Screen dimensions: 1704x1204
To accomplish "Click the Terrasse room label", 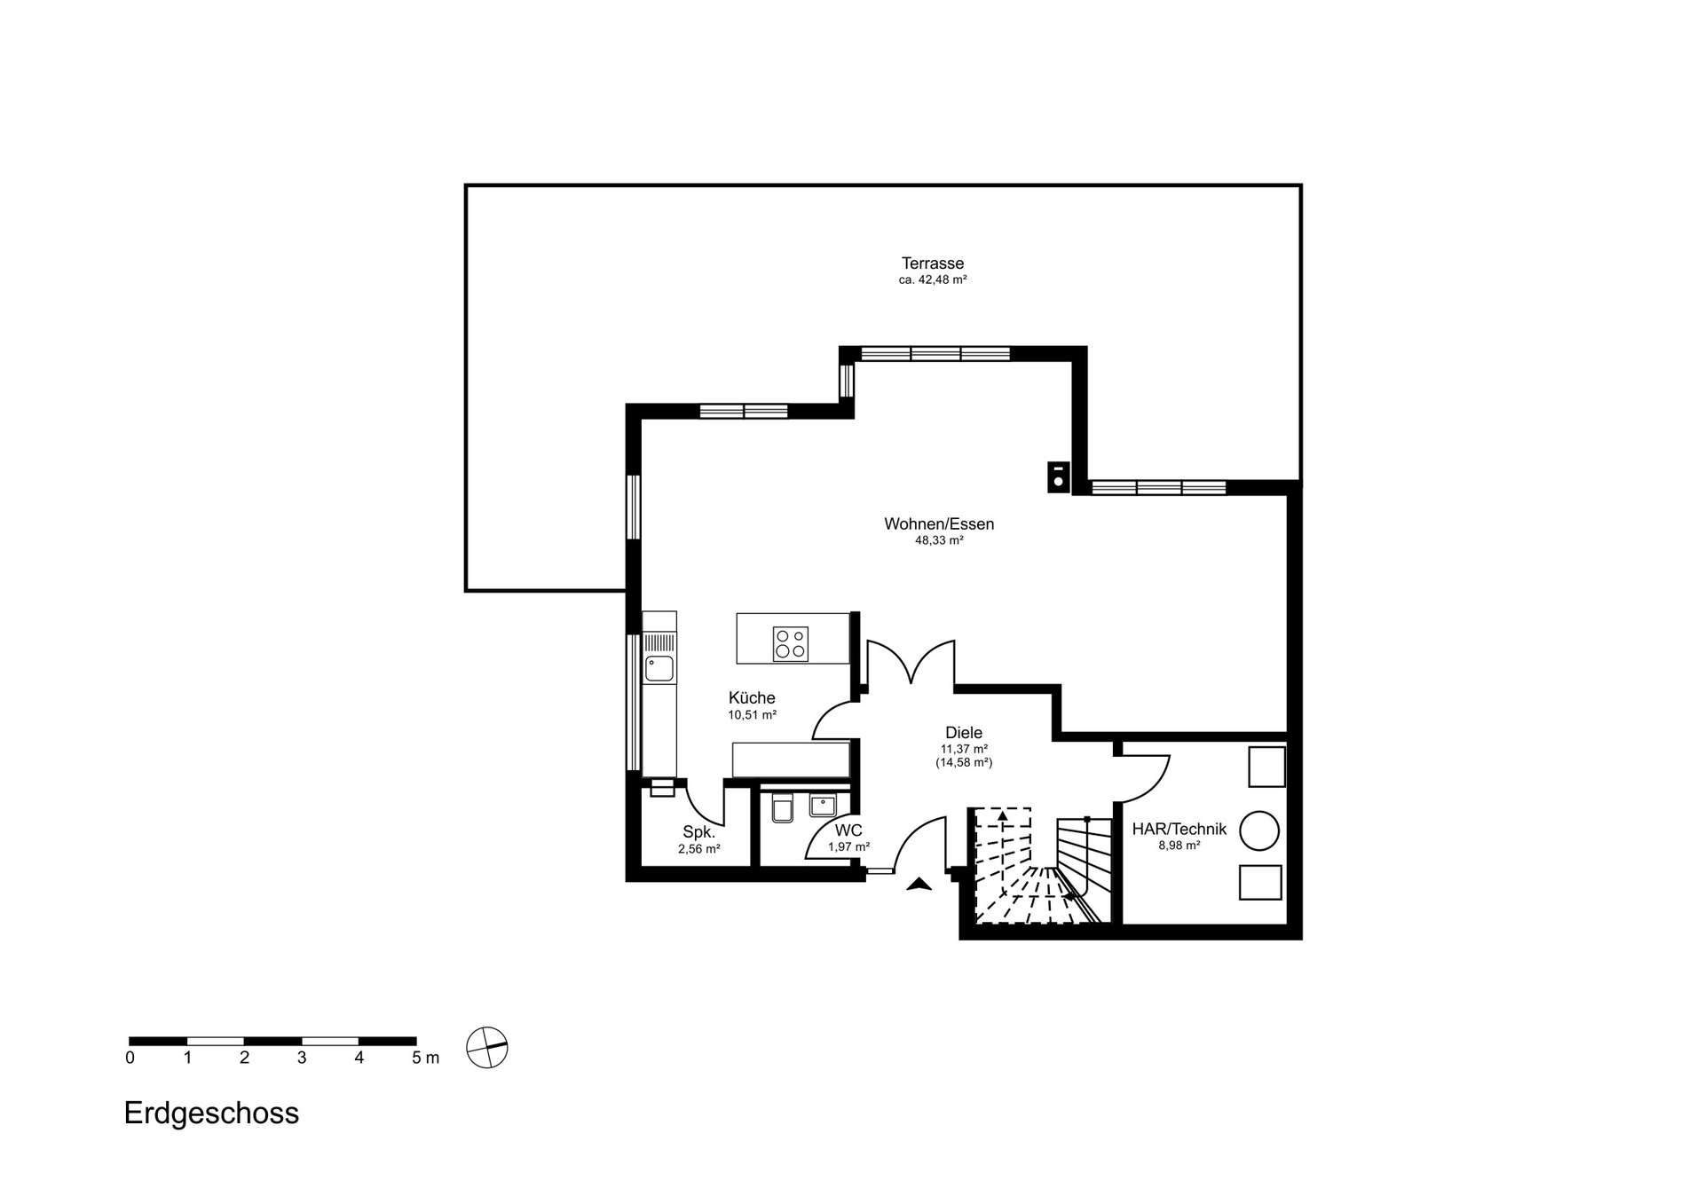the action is pos(932,264).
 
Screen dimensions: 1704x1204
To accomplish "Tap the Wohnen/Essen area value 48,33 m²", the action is pos(939,540).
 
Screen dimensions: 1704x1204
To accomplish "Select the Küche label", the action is pos(752,698).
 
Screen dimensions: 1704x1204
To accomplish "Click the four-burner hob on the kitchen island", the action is pos(790,644).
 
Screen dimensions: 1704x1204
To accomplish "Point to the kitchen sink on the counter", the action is pos(659,669).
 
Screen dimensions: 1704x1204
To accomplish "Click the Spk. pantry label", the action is pos(698,832).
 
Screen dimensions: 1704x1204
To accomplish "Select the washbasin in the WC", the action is pos(823,806).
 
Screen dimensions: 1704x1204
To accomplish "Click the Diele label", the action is pos(964,733).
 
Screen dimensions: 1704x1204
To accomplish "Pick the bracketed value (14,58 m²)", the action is pos(964,762).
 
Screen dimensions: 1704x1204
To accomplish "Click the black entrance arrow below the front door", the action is pos(919,884).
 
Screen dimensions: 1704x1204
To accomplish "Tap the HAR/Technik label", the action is pos(1179,830).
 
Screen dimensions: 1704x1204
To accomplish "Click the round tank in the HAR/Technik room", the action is pos(1259,831).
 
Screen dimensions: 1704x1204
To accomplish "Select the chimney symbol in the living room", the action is pos(1059,477).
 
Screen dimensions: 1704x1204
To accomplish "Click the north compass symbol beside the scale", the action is pos(487,1048).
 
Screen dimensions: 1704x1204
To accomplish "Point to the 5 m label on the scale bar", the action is pos(425,1058).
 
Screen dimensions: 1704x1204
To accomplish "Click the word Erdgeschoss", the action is pos(211,1114).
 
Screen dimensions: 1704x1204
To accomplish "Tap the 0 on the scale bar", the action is pos(130,1058).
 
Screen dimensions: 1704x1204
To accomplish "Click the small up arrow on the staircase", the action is pos(1003,815).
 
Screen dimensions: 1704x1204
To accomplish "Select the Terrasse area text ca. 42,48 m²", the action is pos(932,279).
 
